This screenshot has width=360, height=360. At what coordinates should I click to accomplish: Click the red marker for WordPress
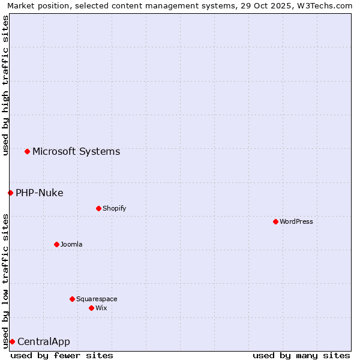pyautogui.click(x=275, y=221)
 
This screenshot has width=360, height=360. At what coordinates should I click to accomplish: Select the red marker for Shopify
pyautogui.click(x=98, y=208)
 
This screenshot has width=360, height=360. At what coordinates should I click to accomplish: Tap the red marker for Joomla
pyautogui.click(x=56, y=244)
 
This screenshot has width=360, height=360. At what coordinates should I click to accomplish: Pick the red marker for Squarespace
pyautogui.click(x=72, y=299)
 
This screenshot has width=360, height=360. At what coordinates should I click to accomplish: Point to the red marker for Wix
pyautogui.click(x=91, y=308)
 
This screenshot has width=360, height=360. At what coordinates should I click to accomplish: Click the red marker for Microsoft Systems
pyautogui.click(x=27, y=151)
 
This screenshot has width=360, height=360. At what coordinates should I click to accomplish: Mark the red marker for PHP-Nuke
pyautogui.click(x=10, y=193)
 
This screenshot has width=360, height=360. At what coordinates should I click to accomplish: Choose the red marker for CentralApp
pyautogui.click(x=12, y=341)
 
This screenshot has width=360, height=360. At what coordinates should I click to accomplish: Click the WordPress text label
pyautogui.click(x=296, y=221)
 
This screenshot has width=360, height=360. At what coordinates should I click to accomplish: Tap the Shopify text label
pyautogui.click(x=114, y=208)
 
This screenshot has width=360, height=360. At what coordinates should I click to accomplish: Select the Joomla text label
pyautogui.click(x=71, y=244)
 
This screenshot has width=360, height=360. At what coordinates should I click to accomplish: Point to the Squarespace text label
pyautogui.click(x=97, y=299)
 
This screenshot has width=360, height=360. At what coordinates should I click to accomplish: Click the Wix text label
pyautogui.click(x=101, y=308)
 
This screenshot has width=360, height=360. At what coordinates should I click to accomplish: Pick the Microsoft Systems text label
pyautogui.click(x=76, y=151)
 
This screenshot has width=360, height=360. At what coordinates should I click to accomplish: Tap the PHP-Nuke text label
pyautogui.click(x=39, y=193)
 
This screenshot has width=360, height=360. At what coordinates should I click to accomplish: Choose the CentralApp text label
pyautogui.click(x=44, y=341)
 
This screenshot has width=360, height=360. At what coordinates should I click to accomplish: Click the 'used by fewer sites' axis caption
pyautogui.click(x=62, y=355)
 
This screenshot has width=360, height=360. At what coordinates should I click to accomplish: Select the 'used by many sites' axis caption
pyautogui.click(x=301, y=355)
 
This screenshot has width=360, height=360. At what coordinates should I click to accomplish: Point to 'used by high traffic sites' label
pyautogui.click(x=5, y=85)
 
